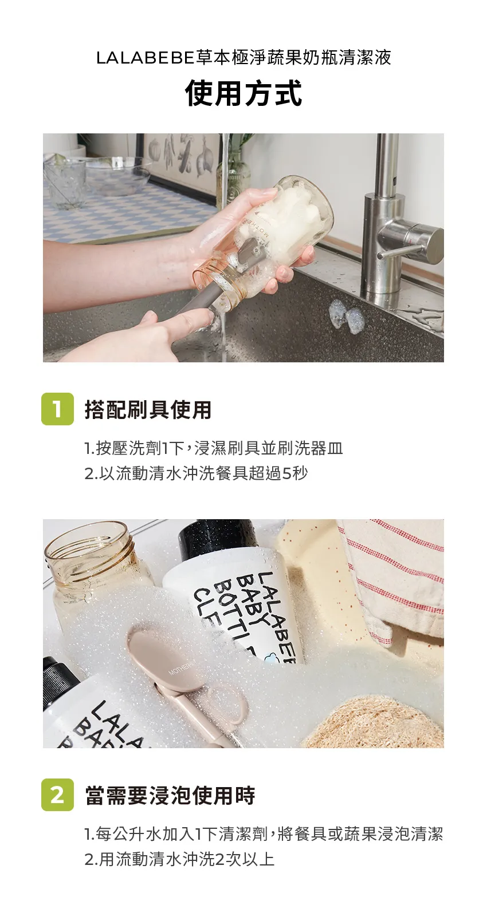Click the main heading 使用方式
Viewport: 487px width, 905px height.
point(244,94)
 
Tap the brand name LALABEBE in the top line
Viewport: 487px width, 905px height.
point(146,58)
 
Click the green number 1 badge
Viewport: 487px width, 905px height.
point(57,409)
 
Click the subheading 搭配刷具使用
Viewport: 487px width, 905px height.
point(148,409)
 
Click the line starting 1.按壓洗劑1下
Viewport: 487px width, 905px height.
point(214,448)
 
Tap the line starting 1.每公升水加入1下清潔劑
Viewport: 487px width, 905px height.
point(264,834)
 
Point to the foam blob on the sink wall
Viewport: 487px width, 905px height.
point(345,315)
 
